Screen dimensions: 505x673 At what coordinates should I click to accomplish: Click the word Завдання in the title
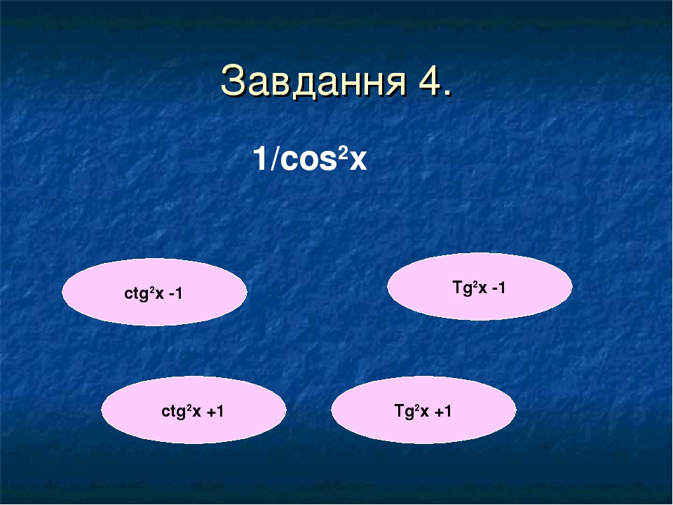coord(312,81)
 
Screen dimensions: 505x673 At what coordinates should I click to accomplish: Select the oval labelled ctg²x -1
coord(154,292)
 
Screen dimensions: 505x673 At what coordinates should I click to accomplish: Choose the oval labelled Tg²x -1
coord(480,287)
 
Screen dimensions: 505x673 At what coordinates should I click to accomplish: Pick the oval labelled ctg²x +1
coord(193,410)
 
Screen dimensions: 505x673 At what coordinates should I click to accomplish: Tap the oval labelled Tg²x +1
coord(423,410)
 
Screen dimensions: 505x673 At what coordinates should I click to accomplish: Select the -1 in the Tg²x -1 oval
coord(498,288)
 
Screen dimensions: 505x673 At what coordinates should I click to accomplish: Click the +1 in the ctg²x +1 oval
coord(215,412)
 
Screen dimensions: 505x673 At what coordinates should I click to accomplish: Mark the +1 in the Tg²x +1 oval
coord(442,412)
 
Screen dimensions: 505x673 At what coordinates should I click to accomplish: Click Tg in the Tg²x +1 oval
coord(402,412)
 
